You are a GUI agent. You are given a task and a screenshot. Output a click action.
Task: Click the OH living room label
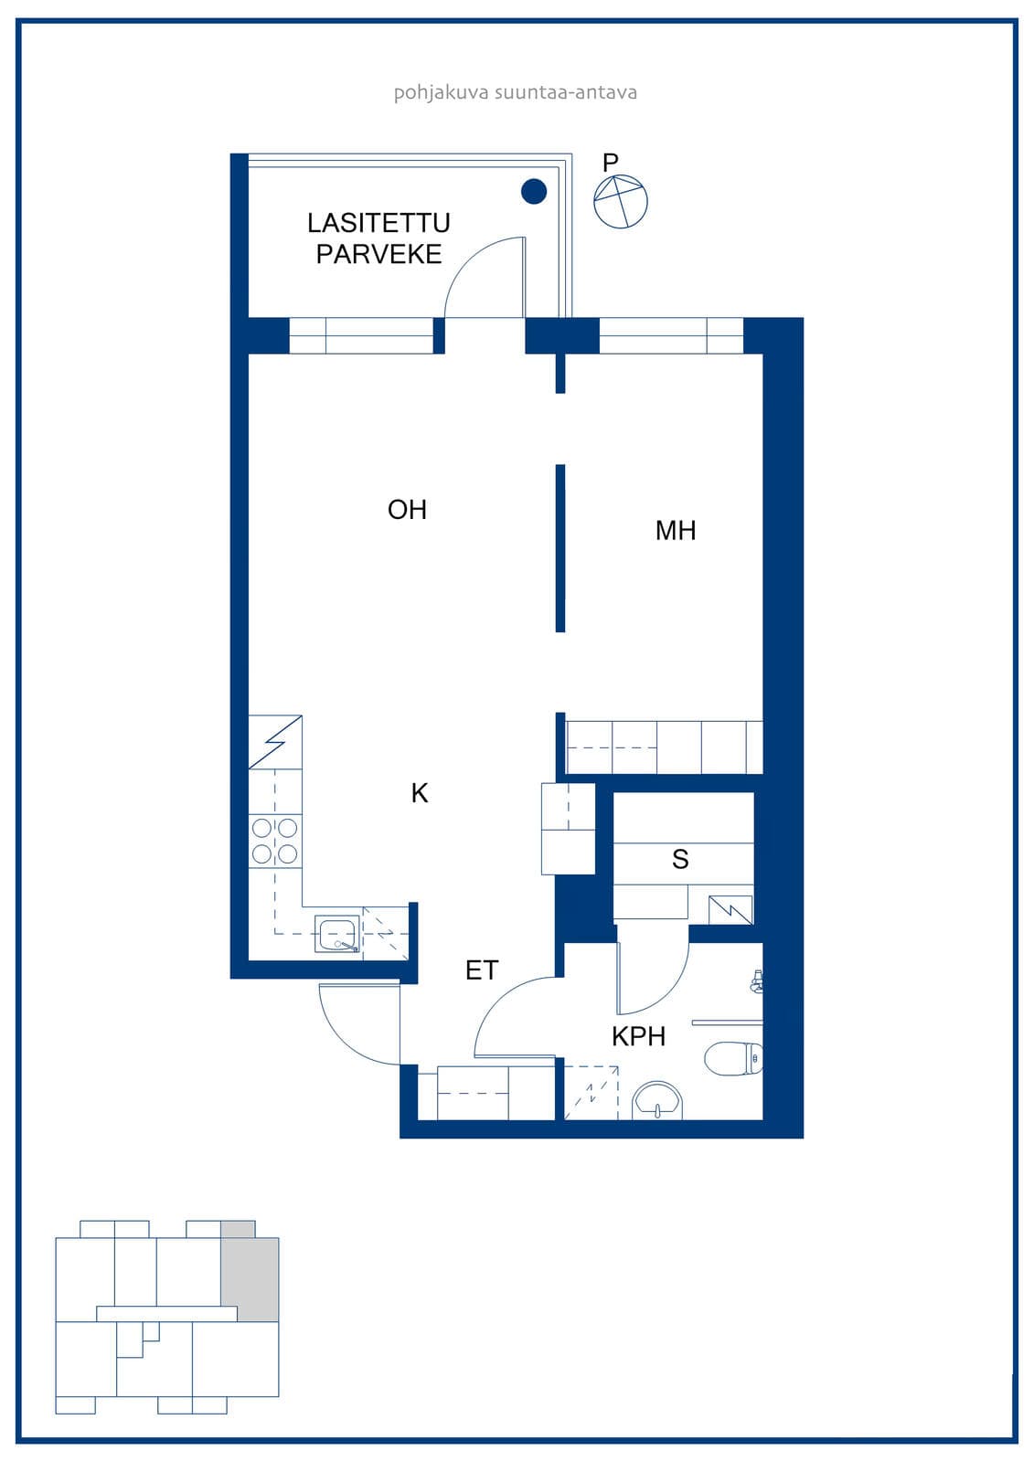pos(407,510)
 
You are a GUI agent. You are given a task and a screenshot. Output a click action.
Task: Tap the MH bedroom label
pos(676,531)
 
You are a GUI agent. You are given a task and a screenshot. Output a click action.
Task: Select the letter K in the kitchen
pos(420,793)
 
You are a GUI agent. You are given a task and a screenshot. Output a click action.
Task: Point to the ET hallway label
pos(482,970)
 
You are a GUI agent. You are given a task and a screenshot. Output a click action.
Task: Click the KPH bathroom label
pos(638,1036)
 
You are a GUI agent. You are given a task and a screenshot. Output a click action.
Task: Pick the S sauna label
pos(680,860)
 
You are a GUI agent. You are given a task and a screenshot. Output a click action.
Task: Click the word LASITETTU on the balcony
pos(378,223)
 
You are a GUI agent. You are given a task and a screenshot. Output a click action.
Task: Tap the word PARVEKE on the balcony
pos(378,254)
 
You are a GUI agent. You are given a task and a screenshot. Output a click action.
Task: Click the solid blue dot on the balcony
pos(534,191)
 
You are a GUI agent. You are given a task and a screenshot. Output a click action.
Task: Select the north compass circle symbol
pos(621,202)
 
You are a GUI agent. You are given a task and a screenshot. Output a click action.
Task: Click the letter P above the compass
pos(610,162)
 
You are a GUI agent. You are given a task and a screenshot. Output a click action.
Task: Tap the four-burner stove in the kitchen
pos(275,841)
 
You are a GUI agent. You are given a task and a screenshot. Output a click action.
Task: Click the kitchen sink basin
pos(337,934)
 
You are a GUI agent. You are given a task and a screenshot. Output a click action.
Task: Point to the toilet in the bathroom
pos(734,1058)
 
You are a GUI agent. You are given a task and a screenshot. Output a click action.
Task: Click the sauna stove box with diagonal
pos(730,910)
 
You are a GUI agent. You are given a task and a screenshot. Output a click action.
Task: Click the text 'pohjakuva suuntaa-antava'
pos(516,92)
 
